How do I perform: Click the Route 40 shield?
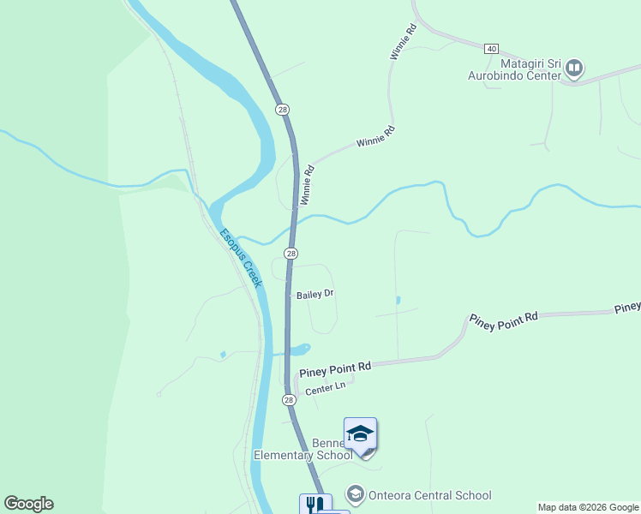491,48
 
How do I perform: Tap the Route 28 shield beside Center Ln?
289,400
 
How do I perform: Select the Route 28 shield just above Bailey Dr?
291,254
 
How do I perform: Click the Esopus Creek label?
241,258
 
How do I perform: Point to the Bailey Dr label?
315,295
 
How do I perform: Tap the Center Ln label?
325,386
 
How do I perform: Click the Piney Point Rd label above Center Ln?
335,368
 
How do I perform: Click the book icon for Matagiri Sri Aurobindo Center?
574,67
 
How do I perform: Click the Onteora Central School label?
429,495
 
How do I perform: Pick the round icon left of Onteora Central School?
355,495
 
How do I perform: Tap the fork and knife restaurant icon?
315,505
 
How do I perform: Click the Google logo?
28,504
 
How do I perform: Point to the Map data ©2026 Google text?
588,507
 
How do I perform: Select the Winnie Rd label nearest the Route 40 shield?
402,41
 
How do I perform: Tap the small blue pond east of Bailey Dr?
398,301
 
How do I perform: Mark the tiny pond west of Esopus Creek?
223,354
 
